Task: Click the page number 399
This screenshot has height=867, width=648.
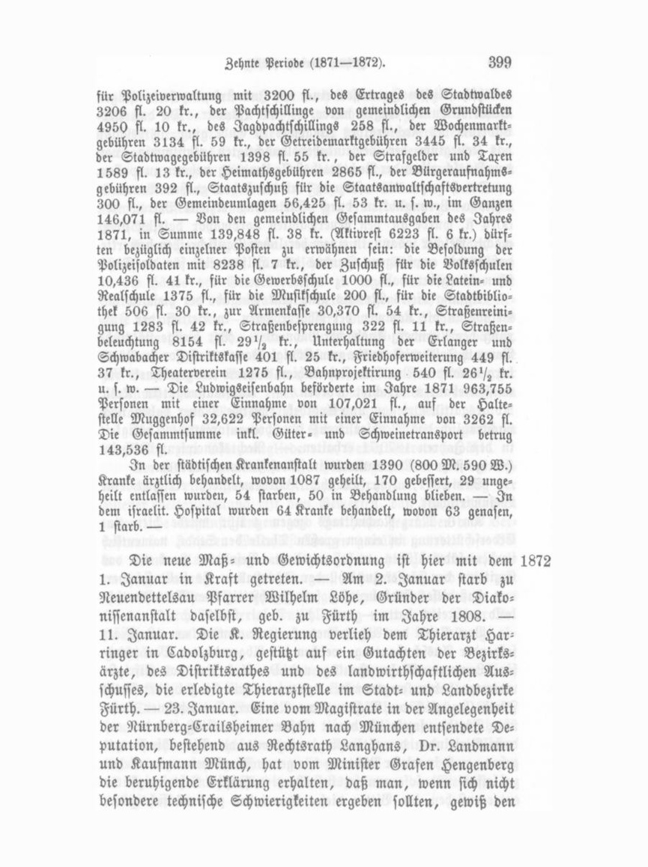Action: point(497,63)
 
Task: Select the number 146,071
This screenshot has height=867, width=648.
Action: point(122,221)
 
